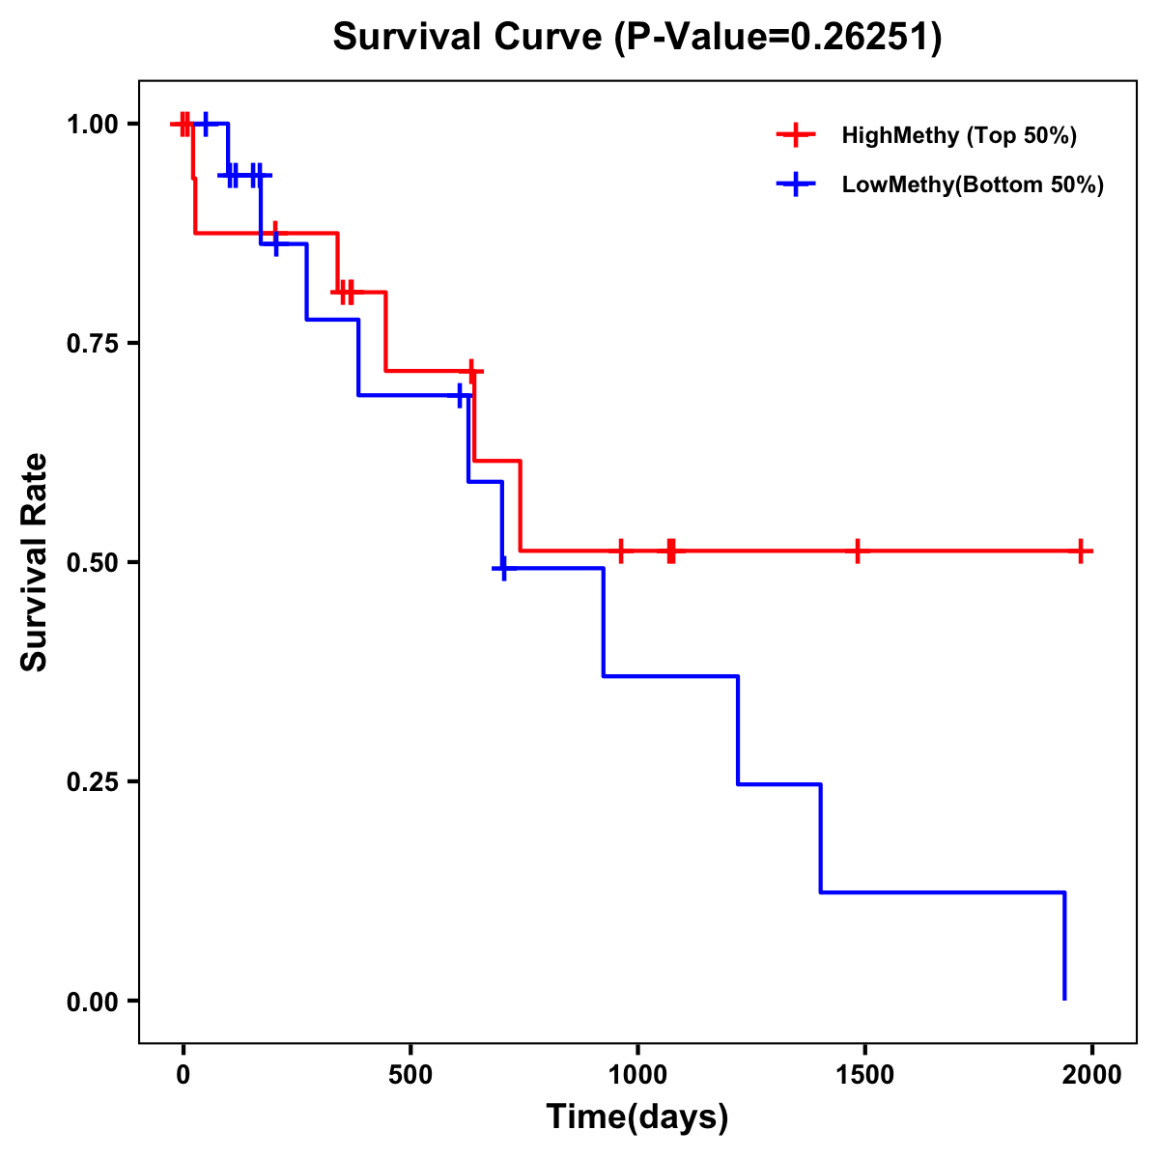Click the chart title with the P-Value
[637, 37]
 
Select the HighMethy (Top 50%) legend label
[959, 135]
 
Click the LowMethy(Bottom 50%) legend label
[973, 184]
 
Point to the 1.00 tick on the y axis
[93, 125]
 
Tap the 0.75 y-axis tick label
[93, 344]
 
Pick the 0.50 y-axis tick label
[93, 563]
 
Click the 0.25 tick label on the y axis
[93, 782]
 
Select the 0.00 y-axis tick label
[93, 1002]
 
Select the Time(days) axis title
[637, 1117]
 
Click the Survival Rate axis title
[36, 562]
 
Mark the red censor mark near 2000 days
[1082, 551]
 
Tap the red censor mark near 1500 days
[857, 551]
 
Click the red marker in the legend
[796, 135]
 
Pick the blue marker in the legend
[796, 184]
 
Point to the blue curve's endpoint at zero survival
[1064, 999]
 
